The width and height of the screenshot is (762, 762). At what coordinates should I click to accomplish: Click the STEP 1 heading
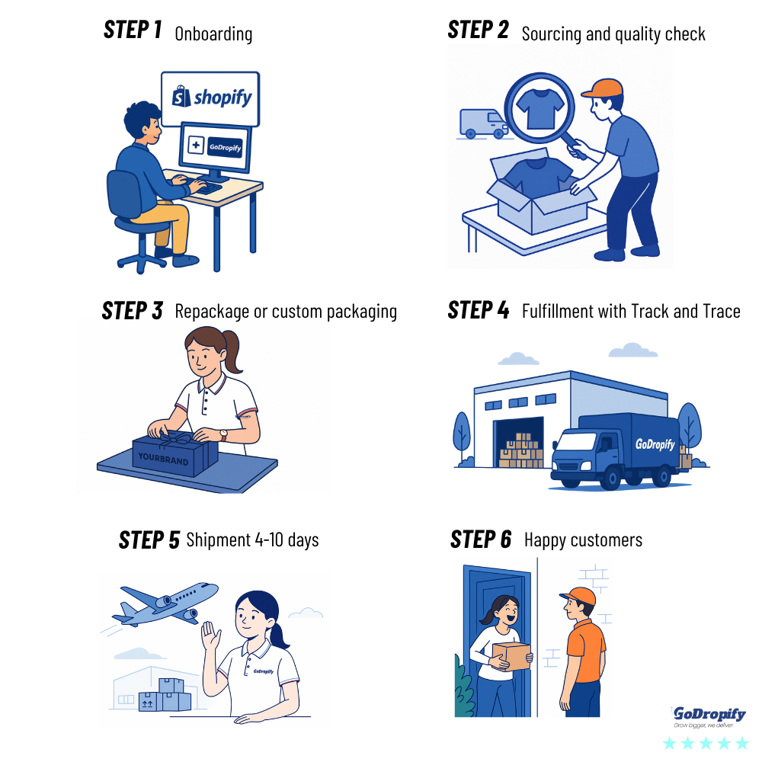coord(133,30)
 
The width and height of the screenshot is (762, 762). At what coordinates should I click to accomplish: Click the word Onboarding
coord(213,34)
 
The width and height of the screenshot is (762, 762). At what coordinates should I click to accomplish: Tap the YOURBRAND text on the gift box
coord(162,458)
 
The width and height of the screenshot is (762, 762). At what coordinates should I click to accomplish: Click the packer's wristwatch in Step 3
coord(223,434)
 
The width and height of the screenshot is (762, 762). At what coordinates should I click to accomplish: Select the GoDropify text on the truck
coord(655,443)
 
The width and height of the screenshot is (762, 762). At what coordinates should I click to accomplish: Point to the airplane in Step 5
coord(165,602)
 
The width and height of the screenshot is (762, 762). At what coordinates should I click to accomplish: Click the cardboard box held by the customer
coord(511,656)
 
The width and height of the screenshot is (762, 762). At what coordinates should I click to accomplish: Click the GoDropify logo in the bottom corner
coord(708,717)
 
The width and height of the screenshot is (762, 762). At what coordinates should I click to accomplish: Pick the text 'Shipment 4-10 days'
coord(252,540)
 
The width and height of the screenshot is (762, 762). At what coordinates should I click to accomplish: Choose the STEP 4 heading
coord(479,311)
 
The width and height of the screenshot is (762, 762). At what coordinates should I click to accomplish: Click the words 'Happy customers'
coord(583,540)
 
